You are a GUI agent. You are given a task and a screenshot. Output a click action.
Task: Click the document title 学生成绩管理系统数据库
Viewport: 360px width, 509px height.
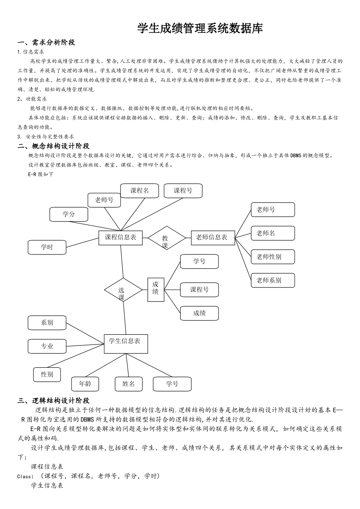tap(200, 28)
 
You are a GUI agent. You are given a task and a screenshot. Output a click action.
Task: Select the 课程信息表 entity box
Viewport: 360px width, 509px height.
tap(121, 238)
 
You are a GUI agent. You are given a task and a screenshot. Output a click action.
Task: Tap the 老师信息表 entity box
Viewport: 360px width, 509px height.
tap(213, 237)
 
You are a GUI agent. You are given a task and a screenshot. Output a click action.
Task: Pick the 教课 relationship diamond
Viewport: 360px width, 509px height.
tap(166, 238)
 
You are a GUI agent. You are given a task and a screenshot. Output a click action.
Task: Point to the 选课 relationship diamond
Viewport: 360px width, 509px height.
tap(123, 290)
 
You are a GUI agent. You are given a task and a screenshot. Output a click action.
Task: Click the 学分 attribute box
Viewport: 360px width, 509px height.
tap(69, 214)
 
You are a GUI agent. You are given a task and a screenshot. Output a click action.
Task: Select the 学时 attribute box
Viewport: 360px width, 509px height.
tap(47, 247)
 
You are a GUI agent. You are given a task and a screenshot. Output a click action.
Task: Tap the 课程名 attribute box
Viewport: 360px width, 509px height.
tap(139, 191)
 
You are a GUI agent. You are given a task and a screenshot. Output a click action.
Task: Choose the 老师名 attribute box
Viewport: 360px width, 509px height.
tap(272, 233)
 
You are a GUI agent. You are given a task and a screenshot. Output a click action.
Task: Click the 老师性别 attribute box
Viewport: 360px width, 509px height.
tap(272, 257)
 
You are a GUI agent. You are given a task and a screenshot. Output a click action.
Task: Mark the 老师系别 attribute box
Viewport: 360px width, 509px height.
tap(272, 280)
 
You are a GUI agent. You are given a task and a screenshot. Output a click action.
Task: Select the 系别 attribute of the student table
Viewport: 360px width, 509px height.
tap(47, 323)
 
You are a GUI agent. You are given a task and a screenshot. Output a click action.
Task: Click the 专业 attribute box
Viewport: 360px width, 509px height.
tap(47, 346)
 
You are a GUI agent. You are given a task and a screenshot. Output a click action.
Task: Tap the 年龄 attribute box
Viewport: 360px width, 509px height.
tap(85, 384)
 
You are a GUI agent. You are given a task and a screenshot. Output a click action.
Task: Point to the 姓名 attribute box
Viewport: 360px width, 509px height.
tap(128, 384)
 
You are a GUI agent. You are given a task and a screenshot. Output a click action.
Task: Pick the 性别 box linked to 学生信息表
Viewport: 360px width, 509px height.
tap(47, 375)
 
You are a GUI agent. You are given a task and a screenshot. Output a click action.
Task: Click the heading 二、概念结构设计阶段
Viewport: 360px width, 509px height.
tap(53, 146)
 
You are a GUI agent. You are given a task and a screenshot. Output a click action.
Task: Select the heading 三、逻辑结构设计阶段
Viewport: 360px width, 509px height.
tap(53, 401)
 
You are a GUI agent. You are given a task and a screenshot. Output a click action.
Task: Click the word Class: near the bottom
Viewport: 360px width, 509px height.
tap(26, 476)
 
